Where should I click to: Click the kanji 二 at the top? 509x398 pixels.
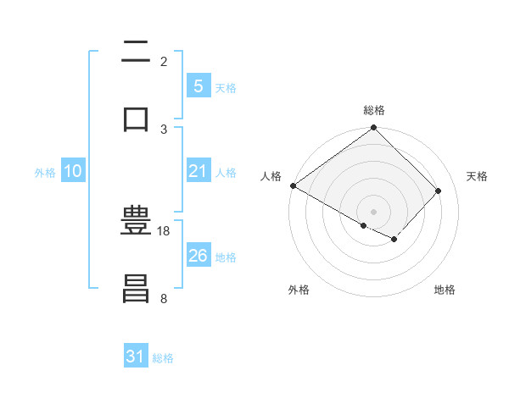[137, 53]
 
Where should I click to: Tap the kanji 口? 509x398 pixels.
[137, 118]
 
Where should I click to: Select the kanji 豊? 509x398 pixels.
[137, 222]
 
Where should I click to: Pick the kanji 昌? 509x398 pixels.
[137, 288]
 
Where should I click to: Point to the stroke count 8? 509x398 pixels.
[164, 298]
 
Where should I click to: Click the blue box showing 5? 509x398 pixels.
[198, 86]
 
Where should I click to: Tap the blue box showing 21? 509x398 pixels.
[198, 171]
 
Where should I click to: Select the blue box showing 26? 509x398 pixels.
[198, 255]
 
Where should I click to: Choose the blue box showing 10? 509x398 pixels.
[73, 171]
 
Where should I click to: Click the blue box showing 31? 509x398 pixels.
[136, 357]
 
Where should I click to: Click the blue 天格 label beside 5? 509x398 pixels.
[226, 87]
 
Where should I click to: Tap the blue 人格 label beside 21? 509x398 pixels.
[226, 172]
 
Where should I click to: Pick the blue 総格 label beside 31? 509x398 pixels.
[163, 358]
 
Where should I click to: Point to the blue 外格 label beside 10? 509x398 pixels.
[45, 172]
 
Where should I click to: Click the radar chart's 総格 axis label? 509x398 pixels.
[374, 110]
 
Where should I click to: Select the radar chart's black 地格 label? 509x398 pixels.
[445, 290]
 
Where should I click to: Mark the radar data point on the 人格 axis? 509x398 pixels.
[293, 185]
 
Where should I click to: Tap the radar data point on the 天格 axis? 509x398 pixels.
[439, 191]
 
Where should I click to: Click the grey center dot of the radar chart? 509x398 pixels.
[373, 211]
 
